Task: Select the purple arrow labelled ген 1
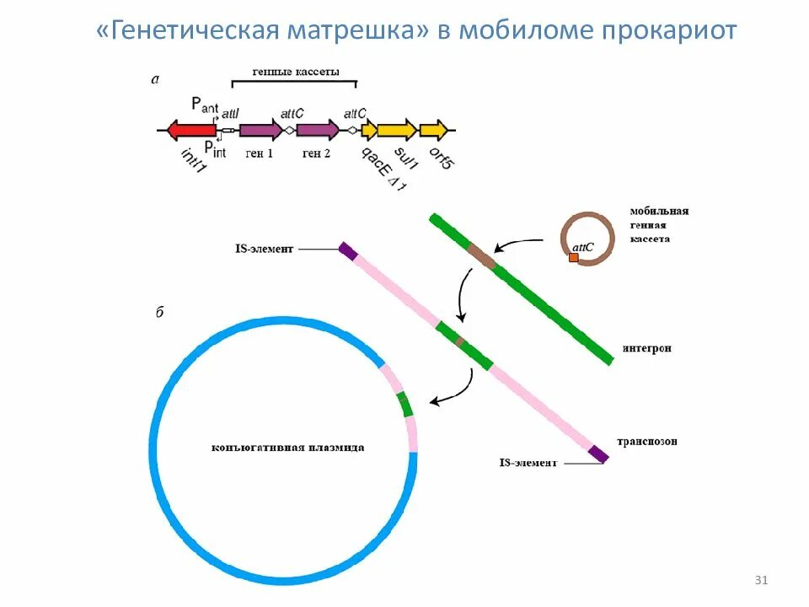tap(260, 130)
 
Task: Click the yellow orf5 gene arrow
tap(433, 130)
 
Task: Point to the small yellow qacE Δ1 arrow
tap(369, 130)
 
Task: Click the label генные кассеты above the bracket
tap(296, 73)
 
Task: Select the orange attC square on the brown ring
tap(574, 257)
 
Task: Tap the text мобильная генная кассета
tap(659, 225)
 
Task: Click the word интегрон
tap(646, 348)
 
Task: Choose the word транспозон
tap(646, 441)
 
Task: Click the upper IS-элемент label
tap(263, 250)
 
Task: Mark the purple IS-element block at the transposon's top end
tap(347, 250)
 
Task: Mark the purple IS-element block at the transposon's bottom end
tap(598, 454)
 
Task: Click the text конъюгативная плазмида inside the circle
tap(288, 448)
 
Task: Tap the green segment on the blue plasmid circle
tap(405, 404)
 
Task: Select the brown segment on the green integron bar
tap(482, 256)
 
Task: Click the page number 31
tap(761, 580)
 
